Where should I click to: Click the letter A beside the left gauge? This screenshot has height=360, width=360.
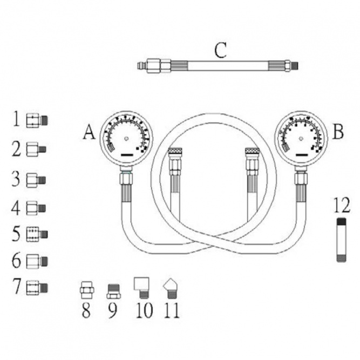(89, 132)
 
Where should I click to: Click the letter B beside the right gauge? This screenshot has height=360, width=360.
(338, 132)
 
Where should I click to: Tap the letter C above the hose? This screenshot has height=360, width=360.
(220, 50)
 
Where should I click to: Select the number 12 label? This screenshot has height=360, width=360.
(342, 205)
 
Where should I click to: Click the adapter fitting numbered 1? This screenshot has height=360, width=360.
(37, 120)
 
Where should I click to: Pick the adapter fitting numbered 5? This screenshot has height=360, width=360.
(37, 234)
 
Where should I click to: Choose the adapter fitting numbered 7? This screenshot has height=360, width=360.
(37, 287)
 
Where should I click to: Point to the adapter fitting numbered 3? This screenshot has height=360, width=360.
(36, 180)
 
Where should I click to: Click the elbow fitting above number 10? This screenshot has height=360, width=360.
(141, 288)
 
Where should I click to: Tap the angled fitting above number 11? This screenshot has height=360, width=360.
(169, 288)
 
